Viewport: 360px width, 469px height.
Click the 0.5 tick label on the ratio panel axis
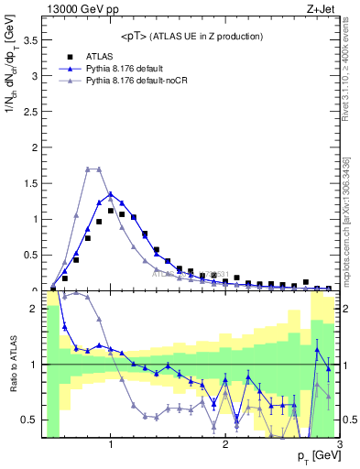[x=28, y=420]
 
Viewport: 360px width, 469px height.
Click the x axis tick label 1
[x=111, y=446]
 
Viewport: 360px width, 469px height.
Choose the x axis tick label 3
[x=339, y=446]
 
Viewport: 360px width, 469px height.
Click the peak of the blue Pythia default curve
[x=111, y=193]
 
